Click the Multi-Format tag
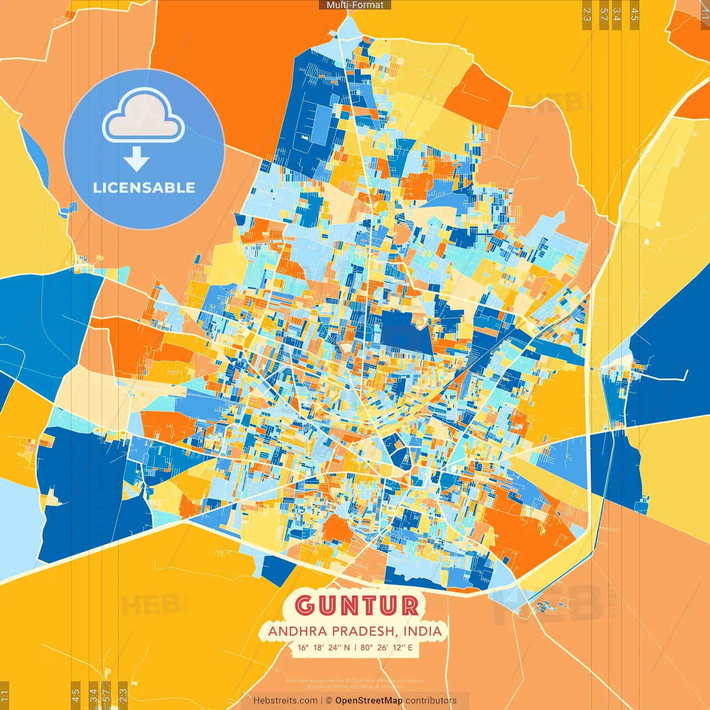[x=355, y=5]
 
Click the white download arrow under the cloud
[x=136, y=159]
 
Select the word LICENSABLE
[x=144, y=187]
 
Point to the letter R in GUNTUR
[x=409, y=606]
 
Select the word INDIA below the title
[x=423, y=631]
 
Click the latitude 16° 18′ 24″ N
[x=323, y=647]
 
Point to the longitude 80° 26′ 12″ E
[x=387, y=647]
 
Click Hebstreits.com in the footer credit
[x=285, y=701]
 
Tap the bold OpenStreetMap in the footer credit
[x=369, y=701]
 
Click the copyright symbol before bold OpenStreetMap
[x=329, y=701]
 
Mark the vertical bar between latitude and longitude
[x=355, y=647]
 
